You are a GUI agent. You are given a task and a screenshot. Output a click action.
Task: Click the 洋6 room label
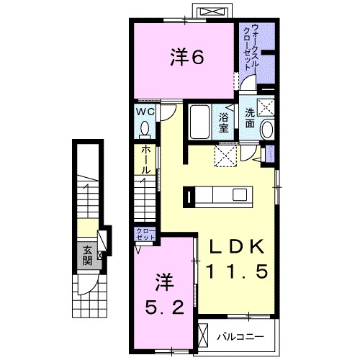pos(187,57)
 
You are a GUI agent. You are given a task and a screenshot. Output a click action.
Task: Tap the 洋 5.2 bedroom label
pos(165,294)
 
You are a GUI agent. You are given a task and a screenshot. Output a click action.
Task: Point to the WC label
pos(145,112)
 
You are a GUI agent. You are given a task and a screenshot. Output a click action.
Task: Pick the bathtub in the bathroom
pos(199,122)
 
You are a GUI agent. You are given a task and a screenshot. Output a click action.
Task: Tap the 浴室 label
pos(223,123)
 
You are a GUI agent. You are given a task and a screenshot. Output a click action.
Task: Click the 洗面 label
pos(250,118)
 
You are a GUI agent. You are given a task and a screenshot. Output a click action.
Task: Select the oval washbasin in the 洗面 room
pos(267,130)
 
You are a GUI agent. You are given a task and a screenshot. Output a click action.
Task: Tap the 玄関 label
pos(87,256)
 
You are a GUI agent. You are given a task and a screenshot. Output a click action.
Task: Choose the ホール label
pos(145,160)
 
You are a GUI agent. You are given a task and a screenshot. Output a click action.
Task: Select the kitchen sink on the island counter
pos(240,194)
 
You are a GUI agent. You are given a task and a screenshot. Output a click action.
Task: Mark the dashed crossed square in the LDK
pos(225,156)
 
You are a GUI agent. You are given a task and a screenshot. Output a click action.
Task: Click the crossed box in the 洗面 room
pos(266,108)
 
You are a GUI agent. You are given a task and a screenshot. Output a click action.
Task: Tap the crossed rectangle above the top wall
pos(212,12)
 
